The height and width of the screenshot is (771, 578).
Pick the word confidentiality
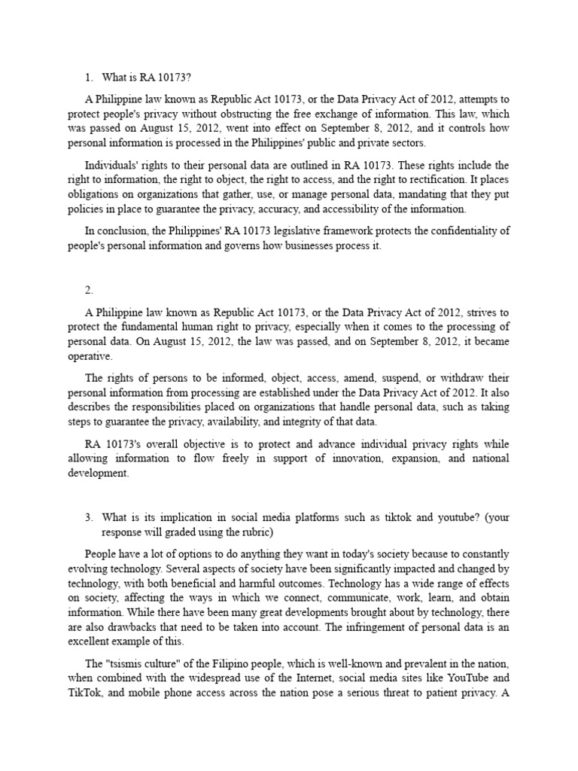point(450,231)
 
